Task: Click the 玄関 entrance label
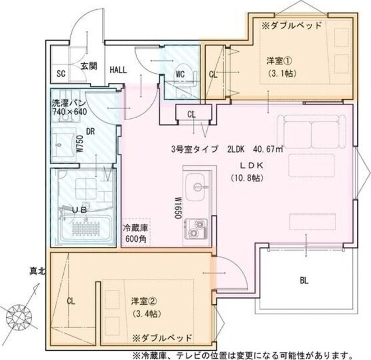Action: tap(89, 66)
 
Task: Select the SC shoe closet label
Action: tap(60, 74)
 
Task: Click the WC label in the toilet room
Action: tap(180, 74)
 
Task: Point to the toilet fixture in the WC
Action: tap(180, 64)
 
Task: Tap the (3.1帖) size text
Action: tap(280, 74)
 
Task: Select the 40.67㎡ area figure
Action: tap(265, 149)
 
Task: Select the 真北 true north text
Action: tap(39, 270)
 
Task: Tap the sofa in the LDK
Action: tap(312, 133)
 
